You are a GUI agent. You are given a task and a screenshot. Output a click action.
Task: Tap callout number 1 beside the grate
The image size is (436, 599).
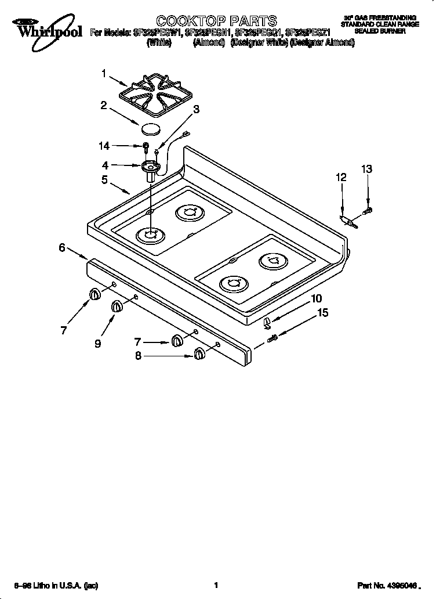(104, 74)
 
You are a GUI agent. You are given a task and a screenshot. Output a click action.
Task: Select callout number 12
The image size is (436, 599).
(341, 177)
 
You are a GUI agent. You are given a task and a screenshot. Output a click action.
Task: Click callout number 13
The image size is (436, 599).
(366, 169)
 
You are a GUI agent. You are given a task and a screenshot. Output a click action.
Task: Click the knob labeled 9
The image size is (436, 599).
(117, 306)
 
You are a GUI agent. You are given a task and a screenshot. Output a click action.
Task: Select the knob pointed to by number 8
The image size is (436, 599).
(199, 353)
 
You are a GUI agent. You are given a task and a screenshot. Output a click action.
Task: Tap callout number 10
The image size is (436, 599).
(316, 298)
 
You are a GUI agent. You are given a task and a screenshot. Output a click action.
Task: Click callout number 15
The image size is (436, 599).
(322, 313)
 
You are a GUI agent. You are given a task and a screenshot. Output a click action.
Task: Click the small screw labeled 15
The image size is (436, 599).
(273, 338)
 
